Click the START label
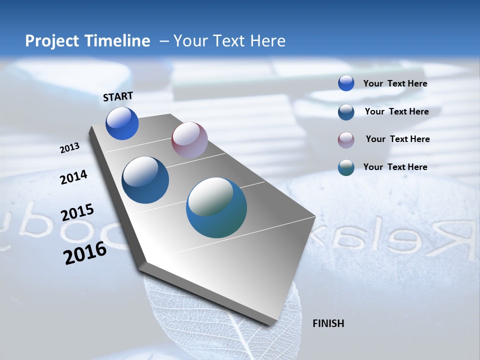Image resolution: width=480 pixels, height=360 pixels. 118,96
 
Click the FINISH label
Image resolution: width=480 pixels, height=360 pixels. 328,323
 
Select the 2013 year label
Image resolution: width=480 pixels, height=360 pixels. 70,148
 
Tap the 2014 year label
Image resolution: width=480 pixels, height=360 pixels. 73,177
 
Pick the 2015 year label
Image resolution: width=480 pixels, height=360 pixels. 77,212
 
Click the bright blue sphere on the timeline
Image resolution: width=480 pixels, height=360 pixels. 122,123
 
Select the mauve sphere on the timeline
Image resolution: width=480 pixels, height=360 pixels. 189,140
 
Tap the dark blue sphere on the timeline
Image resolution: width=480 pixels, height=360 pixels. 145,180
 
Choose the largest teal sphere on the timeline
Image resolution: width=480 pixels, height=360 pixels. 216,207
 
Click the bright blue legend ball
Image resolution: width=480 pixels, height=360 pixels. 346,83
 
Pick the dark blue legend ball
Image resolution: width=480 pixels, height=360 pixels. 346,111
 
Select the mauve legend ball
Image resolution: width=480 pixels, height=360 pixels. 346,139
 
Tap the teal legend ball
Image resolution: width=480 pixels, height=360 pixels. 346,167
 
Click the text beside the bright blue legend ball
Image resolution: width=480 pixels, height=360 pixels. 395,84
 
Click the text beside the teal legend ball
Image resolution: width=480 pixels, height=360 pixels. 395,167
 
